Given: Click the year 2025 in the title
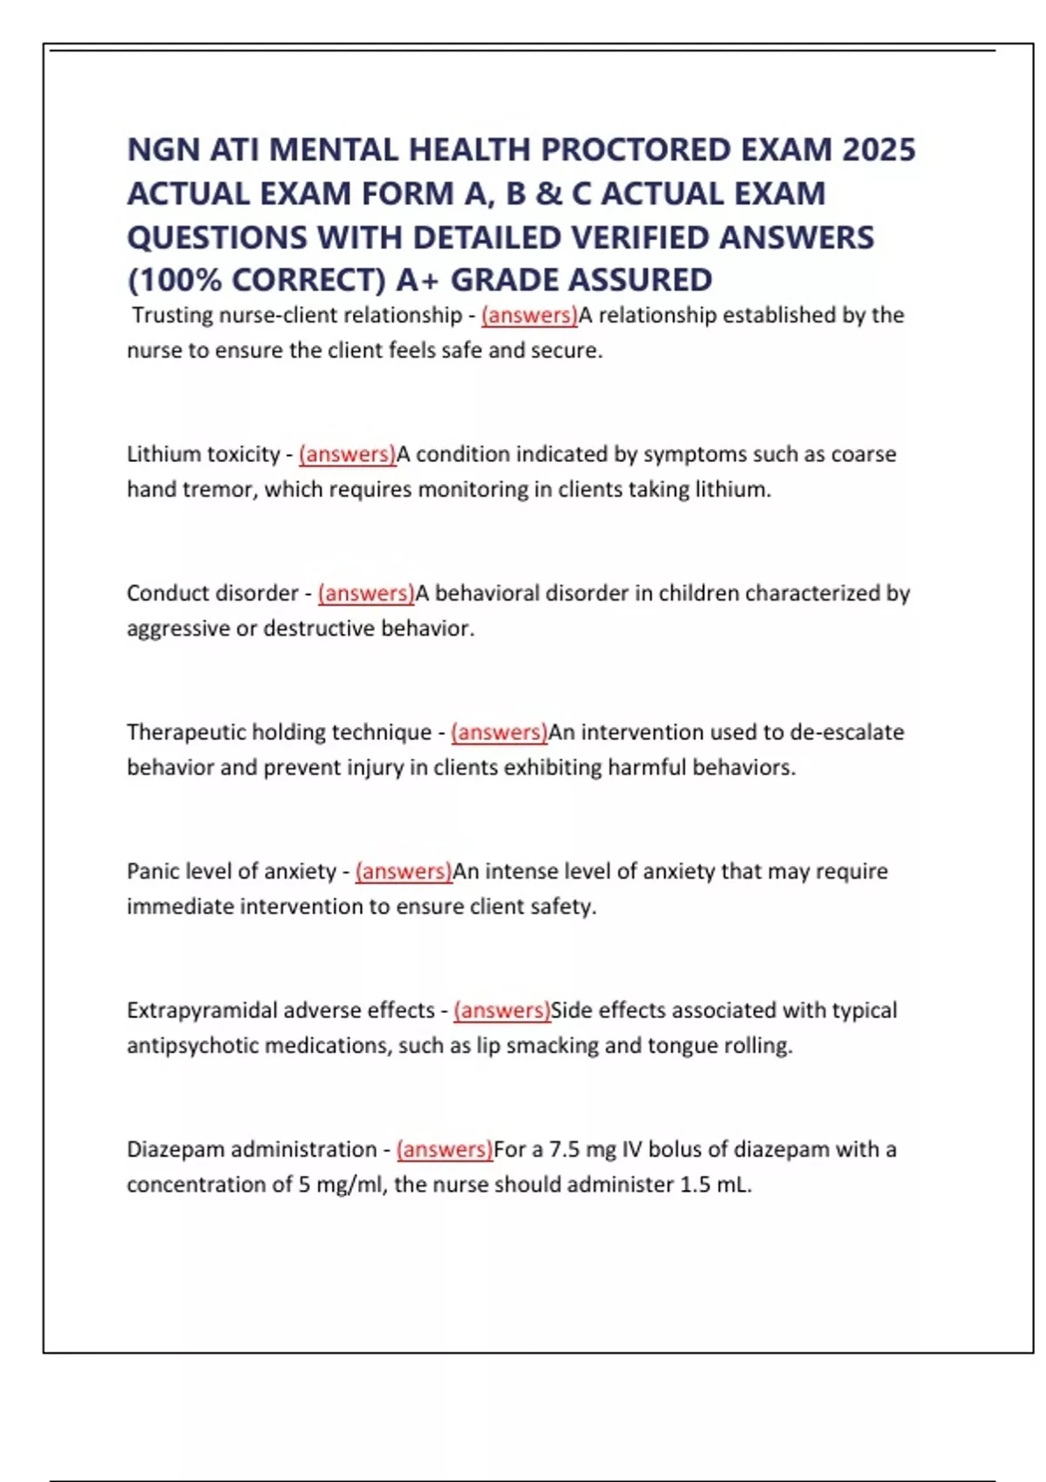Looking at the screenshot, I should click(x=879, y=150).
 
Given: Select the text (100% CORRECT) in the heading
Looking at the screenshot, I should click(x=256, y=281).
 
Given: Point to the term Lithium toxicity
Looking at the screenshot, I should click(x=203, y=454).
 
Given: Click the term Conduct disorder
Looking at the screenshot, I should click(x=213, y=594).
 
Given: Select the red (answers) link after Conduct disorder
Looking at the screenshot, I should click(x=366, y=594).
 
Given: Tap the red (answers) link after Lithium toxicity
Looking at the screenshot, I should click(x=347, y=454).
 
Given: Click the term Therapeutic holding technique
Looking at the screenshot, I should click(x=279, y=732).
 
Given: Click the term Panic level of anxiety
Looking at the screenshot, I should click(x=231, y=871).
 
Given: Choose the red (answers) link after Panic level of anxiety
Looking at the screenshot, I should click(x=404, y=871).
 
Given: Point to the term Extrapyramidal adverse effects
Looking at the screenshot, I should click(x=281, y=1010).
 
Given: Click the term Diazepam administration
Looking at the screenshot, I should click(x=252, y=1150).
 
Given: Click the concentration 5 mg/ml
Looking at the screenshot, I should click(x=342, y=1185).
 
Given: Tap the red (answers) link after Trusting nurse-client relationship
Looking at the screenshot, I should click(x=529, y=316).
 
